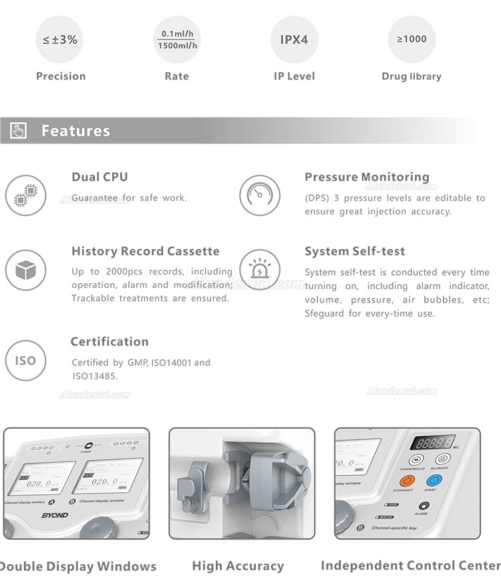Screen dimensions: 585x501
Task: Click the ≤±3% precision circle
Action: click(61, 39)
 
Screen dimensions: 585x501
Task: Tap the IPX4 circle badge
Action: click(294, 39)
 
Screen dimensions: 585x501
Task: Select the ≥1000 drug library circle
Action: click(411, 39)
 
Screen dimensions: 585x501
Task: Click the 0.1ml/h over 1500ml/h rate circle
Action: click(176, 39)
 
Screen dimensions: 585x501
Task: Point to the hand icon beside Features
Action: click(18, 130)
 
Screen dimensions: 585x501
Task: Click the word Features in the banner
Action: click(75, 131)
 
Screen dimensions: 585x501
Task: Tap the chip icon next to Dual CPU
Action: click(25, 196)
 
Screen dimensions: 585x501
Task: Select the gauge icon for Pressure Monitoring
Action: click(259, 195)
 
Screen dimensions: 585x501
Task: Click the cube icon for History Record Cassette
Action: click(25, 270)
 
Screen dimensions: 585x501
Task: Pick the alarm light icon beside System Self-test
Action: click(259, 270)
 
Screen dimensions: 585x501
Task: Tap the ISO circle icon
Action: click(25, 361)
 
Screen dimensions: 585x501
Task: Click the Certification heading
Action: click(110, 342)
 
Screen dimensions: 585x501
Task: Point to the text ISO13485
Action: click(95, 377)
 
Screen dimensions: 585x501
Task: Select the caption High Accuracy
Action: click(238, 566)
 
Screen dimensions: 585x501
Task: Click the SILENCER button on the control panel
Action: click(440, 459)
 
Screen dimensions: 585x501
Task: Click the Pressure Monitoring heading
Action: click(367, 177)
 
